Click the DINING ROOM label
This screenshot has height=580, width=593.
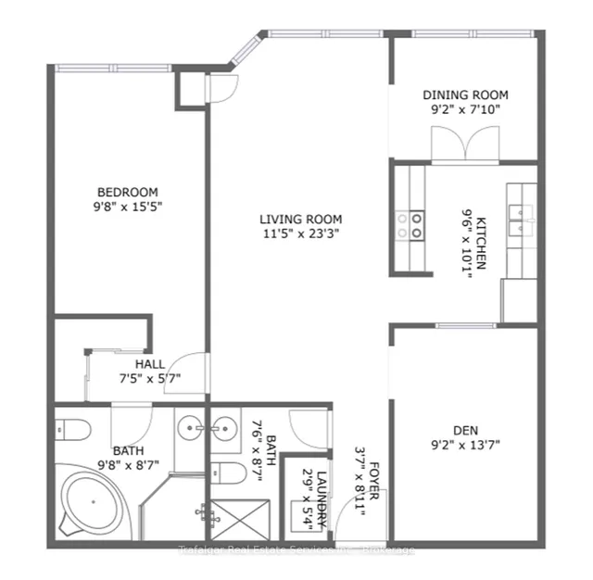tap(465, 95)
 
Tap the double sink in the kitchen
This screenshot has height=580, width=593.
tap(521, 213)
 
